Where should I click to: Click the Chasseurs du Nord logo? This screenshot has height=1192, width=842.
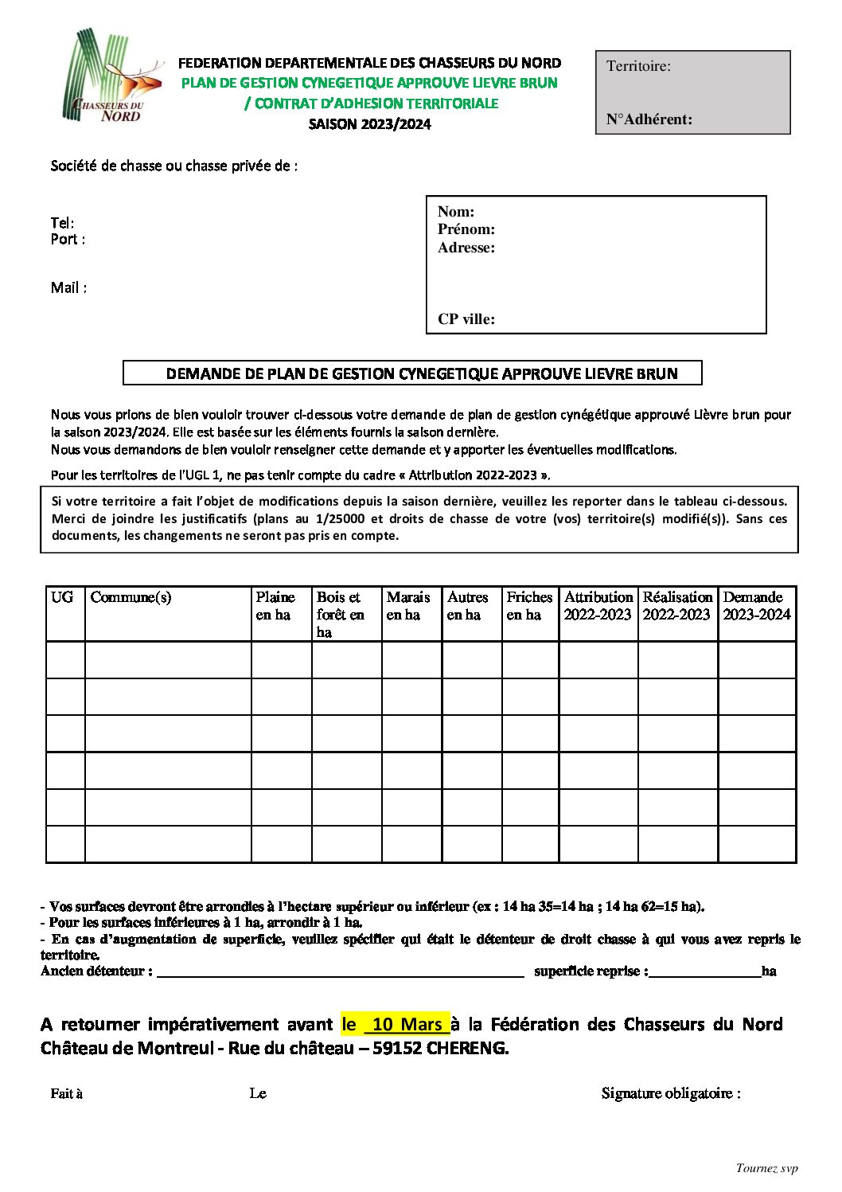coord(111,76)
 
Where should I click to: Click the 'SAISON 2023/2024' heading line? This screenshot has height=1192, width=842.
coord(370,124)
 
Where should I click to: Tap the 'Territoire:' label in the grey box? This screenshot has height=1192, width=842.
coord(638,66)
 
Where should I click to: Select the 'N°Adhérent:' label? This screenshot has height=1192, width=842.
coord(649,119)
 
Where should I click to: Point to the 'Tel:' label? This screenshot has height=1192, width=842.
coord(63,223)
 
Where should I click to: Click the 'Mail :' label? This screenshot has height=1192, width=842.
coord(69,288)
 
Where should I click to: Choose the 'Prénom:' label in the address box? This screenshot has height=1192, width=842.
coord(466,229)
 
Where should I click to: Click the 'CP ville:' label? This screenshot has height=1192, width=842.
coord(466,319)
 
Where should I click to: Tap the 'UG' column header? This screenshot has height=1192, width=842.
coord(62,597)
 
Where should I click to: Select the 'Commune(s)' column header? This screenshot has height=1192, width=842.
coord(131,597)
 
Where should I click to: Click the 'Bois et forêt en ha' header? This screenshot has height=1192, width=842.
coord(341,614)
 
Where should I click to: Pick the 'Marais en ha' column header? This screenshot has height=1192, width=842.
coord(408,605)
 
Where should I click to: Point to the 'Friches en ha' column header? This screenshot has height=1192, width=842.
coord(529,605)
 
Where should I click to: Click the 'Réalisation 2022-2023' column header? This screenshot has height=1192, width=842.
coord(676,605)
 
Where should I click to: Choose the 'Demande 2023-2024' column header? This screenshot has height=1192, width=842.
coord(756,605)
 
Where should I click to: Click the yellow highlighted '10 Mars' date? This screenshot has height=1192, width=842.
coord(406,1024)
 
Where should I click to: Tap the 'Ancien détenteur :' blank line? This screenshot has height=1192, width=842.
coord(341,971)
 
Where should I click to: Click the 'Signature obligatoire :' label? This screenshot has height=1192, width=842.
coord(671,1093)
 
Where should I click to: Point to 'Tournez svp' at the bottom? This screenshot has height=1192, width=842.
coord(766,1168)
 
